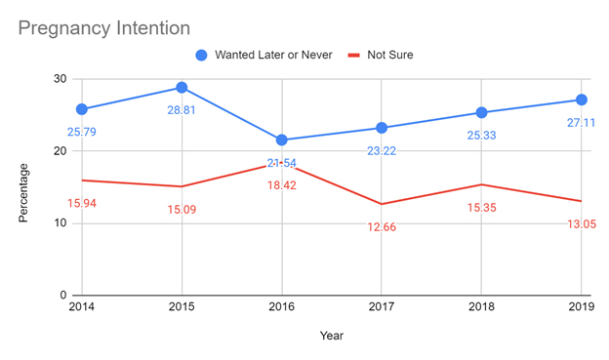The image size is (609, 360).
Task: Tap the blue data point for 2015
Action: [181, 88]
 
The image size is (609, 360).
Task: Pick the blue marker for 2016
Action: [281, 140]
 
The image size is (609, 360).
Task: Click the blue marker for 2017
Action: [382, 128]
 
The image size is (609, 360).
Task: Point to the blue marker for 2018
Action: [481, 112]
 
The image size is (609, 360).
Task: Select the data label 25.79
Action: [83, 131]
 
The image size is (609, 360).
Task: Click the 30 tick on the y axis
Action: [60, 79]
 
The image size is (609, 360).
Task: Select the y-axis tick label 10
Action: [60, 223]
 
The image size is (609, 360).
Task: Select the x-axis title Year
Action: [332, 337]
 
